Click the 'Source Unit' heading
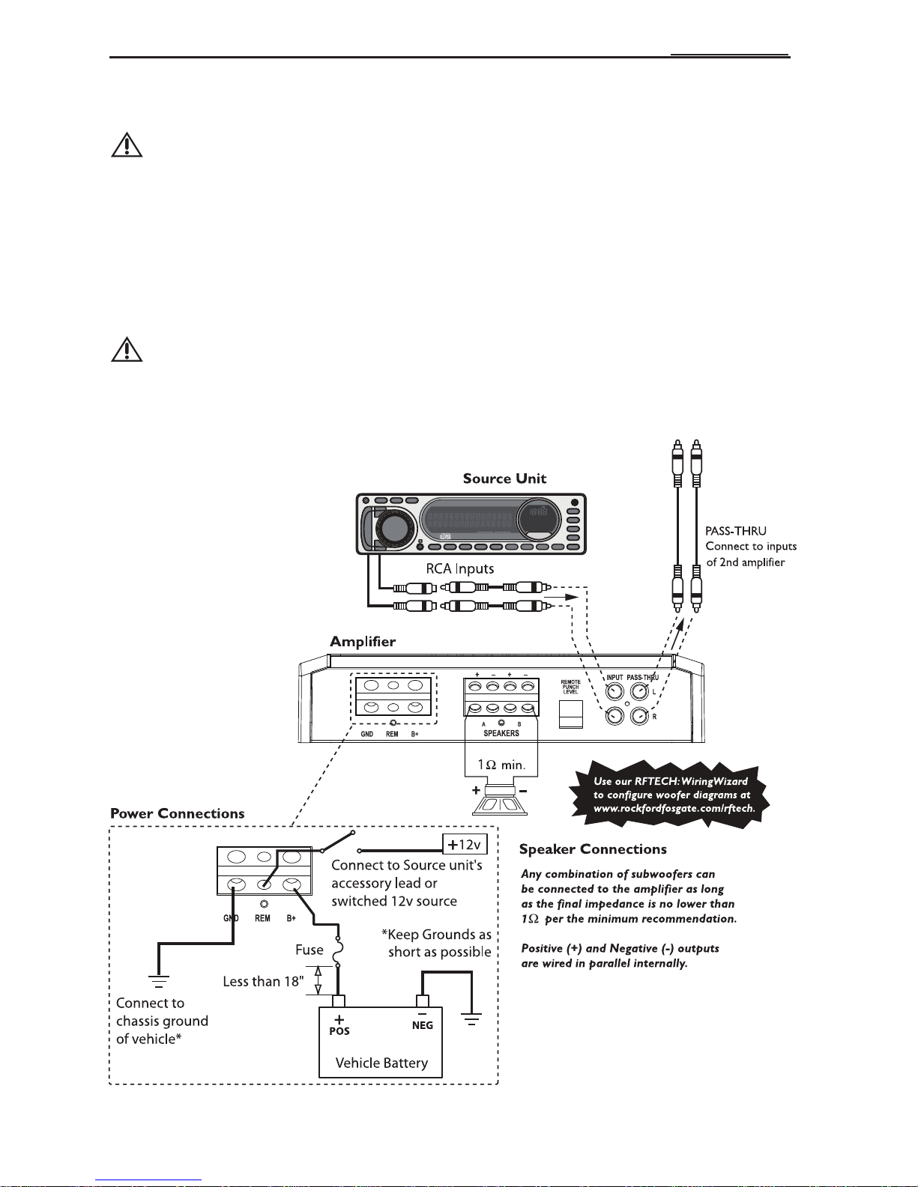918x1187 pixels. coord(504,479)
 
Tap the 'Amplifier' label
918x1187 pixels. coord(363,641)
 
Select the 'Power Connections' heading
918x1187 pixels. coord(178,813)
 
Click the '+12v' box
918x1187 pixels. coord(465,845)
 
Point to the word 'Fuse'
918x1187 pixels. coord(309,950)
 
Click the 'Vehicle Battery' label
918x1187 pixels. coord(381,1063)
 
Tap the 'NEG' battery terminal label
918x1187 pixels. coord(423,1025)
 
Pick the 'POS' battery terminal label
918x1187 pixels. coord(339,1030)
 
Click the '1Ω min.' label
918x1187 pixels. coord(501,765)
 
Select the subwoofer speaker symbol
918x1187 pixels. coord(500,801)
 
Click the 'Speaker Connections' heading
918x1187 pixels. coord(593,848)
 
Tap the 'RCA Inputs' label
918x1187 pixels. coord(460,568)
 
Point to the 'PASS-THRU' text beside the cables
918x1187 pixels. coord(735,531)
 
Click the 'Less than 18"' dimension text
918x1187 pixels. coord(263,982)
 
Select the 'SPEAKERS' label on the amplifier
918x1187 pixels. coord(501,733)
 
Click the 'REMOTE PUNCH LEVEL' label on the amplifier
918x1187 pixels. coord(570,687)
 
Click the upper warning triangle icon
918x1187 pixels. coord(127,145)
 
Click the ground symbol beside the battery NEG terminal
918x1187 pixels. coord(471,1018)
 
